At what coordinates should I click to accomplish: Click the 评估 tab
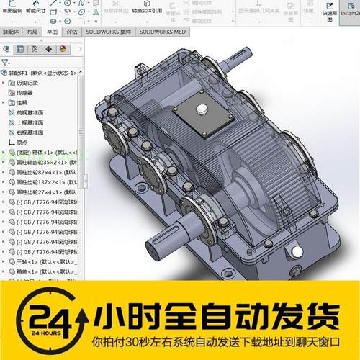click(71, 32)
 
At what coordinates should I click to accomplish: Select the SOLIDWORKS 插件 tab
click(109, 32)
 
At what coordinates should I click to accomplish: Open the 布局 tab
click(32, 32)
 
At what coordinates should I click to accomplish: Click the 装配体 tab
click(12, 32)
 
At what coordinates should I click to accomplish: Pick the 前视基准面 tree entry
click(30, 112)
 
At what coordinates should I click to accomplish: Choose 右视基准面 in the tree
click(30, 132)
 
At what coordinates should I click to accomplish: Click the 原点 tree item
click(22, 143)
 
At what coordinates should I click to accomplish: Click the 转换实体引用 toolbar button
click(147, 11)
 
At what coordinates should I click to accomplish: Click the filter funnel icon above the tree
click(6, 63)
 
